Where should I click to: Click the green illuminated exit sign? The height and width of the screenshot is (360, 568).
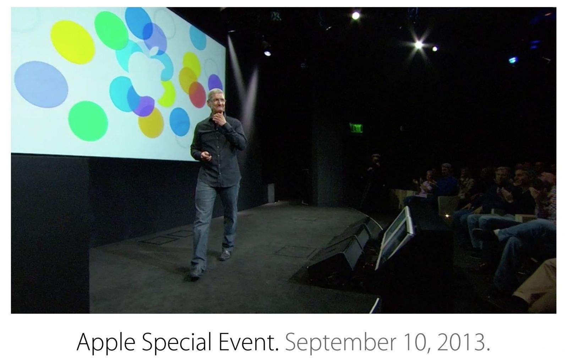(356, 127)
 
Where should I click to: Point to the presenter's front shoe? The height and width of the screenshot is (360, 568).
(196, 272)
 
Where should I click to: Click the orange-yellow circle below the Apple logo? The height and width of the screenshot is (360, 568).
(151, 122)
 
